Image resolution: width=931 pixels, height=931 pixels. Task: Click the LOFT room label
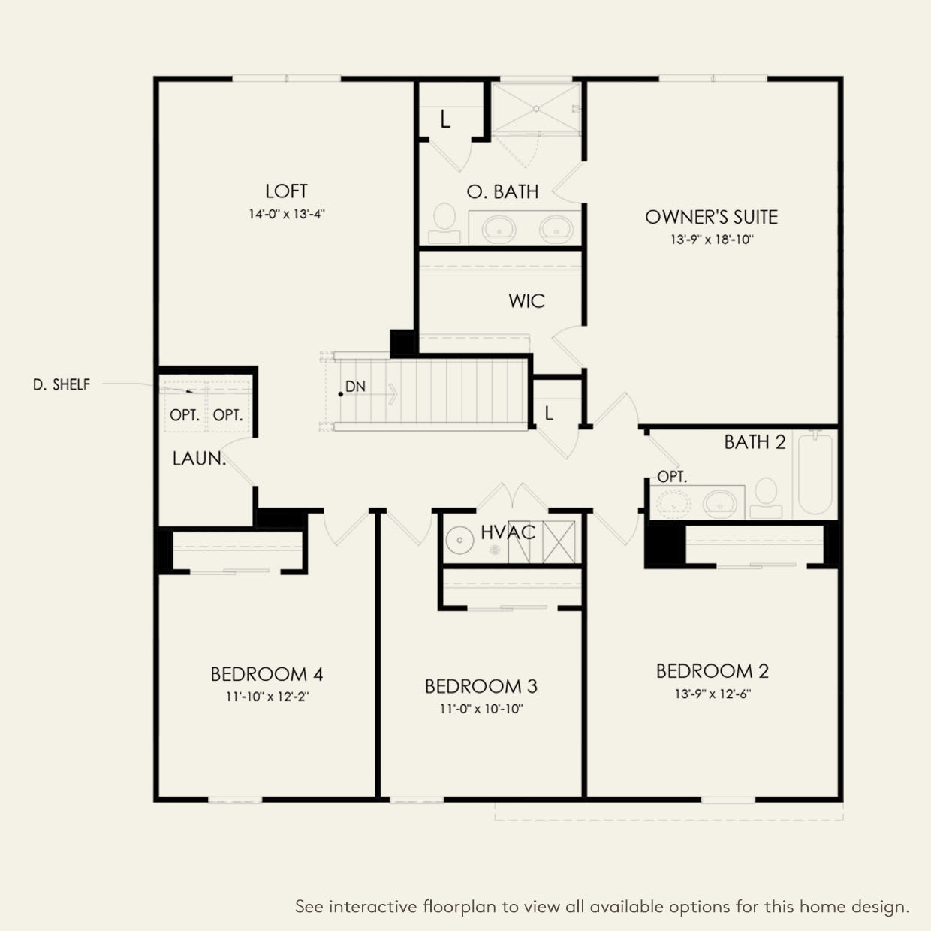[286, 191]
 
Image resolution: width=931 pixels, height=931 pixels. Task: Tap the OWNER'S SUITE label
[711, 218]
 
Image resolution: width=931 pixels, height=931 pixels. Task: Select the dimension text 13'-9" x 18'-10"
[712, 240]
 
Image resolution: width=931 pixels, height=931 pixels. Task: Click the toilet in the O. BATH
[444, 224]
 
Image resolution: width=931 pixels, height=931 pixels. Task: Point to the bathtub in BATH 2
[815, 475]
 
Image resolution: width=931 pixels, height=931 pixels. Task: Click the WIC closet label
[526, 301]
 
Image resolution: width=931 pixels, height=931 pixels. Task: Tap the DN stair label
[356, 387]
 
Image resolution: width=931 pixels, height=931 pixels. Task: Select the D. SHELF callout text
[62, 384]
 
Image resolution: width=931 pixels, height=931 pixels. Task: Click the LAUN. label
[200, 459]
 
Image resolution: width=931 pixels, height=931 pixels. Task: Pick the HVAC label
[508, 532]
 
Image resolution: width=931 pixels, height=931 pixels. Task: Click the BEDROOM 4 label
[267, 674]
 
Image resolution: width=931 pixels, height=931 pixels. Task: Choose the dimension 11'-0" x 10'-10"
[481, 709]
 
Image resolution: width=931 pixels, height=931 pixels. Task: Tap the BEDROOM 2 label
[713, 671]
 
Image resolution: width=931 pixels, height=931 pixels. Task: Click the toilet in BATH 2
[766, 498]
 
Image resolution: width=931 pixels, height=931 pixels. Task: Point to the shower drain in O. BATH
[536, 109]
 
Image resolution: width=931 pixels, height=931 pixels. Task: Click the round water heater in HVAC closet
[459, 540]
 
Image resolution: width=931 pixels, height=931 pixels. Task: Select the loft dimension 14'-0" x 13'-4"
[287, 214]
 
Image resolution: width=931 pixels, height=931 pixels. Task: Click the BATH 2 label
[755, 442]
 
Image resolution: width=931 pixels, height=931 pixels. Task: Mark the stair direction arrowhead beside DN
[394, 394]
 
